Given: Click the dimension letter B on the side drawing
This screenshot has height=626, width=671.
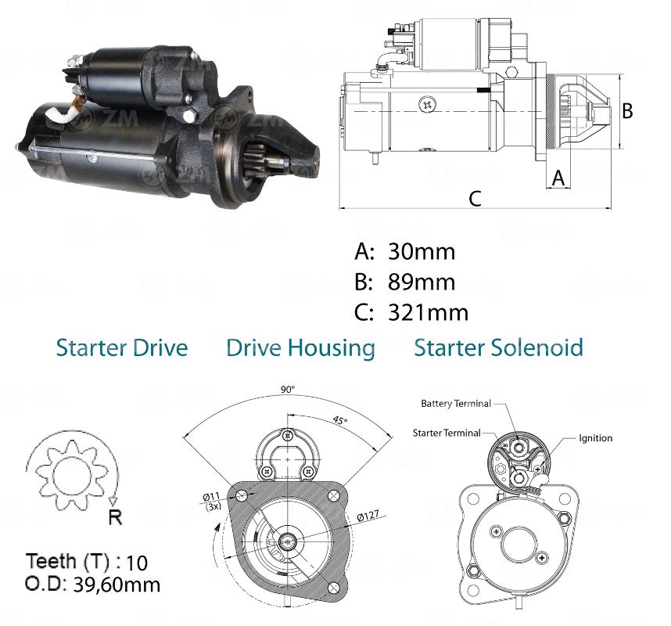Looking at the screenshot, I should click(x=626, y=111).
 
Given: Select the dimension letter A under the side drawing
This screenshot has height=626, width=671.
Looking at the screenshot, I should click(x=558, y=178).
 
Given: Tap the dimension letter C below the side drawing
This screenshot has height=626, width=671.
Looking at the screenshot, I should click(x=475, y=199).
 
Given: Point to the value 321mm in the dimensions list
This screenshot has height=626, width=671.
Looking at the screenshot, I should click(x=428, y=312).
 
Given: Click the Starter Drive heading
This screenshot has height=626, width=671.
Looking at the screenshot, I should click(x=122, y=348).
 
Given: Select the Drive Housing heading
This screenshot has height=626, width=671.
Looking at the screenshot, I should click(x=300, y=348).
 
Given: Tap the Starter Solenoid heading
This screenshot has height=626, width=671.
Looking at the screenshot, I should click(x=498, y=348).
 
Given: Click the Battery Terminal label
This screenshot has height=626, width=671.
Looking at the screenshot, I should click(x=455, y=404).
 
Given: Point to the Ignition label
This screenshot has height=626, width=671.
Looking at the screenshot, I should click(x=596, y=438).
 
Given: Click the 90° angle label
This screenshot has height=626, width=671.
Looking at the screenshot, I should click(x=289, y=389).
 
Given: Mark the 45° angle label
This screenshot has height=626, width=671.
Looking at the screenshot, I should click(x=339, y=420).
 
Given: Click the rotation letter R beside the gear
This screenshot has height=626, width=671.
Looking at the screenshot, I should click(x=114, y=516).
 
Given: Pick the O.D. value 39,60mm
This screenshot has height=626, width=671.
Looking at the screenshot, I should click(x=117, y=584).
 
